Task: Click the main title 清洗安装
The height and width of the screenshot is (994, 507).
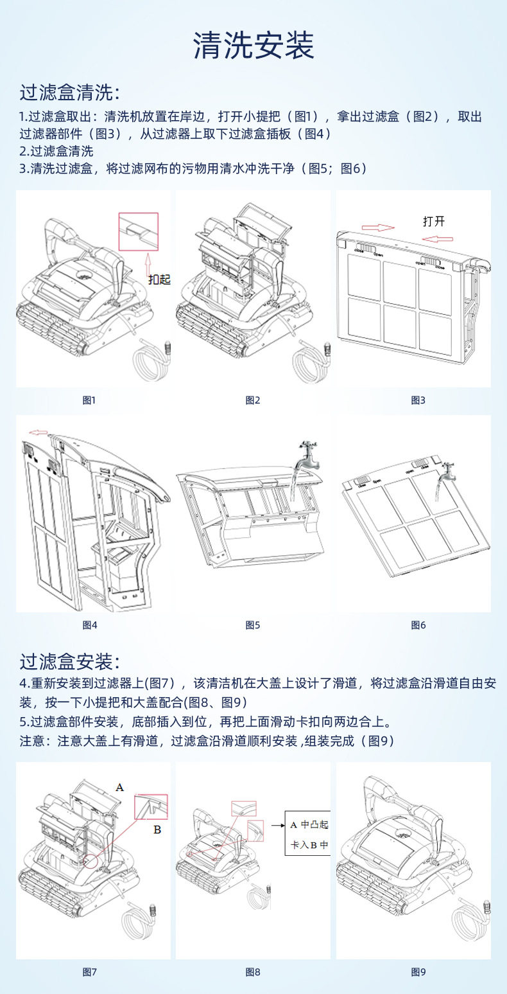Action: point(253,46)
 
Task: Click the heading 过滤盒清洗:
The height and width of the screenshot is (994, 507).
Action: point(69,93)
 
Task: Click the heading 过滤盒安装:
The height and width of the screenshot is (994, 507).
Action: point(69,661)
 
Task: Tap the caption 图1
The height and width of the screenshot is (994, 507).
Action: point(89,400)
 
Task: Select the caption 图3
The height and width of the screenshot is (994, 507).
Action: point(418,400)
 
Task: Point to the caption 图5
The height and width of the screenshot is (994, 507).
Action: point(253,625)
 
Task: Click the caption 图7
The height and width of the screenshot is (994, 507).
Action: point(89,972)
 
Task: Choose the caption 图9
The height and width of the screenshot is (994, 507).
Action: point(418,972)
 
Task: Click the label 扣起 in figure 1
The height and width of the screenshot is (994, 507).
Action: point(160,280)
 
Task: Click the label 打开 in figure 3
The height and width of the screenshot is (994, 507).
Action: point(434,222)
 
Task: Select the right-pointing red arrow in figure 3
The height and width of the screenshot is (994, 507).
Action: point(377,227)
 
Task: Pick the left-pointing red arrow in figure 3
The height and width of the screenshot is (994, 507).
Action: point(438,238)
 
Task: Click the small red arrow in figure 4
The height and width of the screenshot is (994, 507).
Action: point(39,432)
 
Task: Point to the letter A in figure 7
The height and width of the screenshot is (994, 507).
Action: point(119,786)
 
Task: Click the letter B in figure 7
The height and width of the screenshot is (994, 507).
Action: point(157,830)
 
